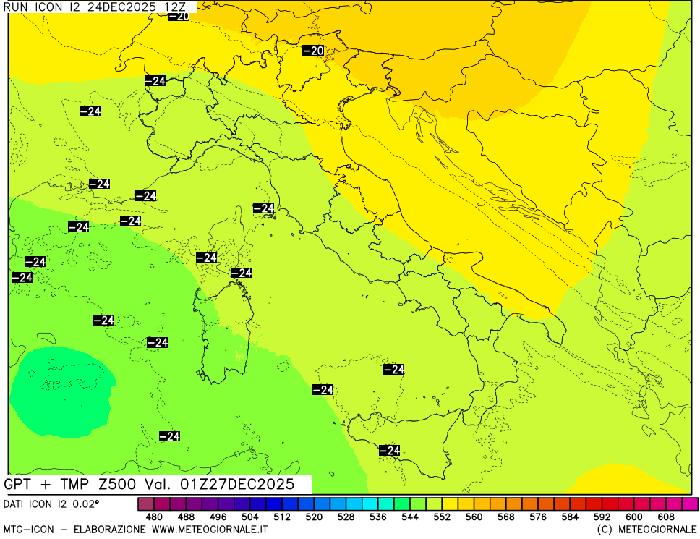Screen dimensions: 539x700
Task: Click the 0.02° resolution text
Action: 85,503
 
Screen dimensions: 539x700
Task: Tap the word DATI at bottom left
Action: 17,503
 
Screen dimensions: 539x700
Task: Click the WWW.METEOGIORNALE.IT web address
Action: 210,530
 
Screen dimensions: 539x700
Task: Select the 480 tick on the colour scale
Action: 153,517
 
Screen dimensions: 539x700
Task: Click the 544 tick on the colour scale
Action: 410,517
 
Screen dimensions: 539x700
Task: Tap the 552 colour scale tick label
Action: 442,517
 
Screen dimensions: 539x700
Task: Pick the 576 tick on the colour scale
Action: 538,517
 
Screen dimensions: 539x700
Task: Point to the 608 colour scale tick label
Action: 666,517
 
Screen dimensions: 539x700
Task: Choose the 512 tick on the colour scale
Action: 281,517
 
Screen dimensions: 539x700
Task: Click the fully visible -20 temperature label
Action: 312,51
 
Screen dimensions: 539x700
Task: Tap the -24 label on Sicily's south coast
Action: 389,451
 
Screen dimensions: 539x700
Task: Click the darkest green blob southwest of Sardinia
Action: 61,391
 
